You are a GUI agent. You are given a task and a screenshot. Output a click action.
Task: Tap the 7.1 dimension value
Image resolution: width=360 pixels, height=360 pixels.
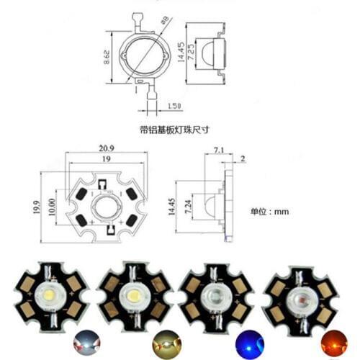pos(220,150)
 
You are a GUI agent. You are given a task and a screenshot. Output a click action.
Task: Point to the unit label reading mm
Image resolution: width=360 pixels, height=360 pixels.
pos(270,212)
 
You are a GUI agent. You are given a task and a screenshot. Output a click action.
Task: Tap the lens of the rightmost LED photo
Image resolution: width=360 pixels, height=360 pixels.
pos(297,296)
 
